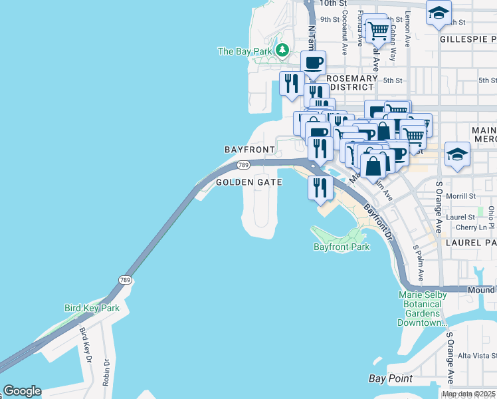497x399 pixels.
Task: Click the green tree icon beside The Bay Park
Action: tap(282, 51)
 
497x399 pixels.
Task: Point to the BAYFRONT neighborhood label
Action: tap(249, 150)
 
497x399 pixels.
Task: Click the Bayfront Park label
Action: tap(341, 247)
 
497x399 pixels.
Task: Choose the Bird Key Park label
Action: tap(92, 308)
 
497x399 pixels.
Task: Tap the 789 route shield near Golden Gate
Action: tap(243, 165)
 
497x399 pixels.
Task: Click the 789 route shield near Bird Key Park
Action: tap(125, 280)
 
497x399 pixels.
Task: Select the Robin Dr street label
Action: tap(106, 372)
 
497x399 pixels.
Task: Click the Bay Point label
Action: tap(391, 378)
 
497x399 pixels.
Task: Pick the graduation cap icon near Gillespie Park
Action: tap(439, 13)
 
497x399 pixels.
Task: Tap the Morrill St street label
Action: tap(462, 196)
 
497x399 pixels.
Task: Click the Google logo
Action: tap(22, 391)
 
